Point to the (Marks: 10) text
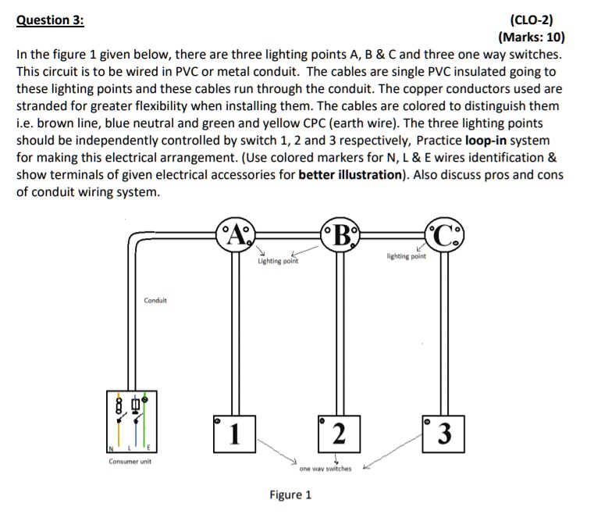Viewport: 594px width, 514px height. pos(530,37)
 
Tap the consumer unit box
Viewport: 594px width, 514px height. pos(131,422)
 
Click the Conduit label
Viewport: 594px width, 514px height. pos(155,300)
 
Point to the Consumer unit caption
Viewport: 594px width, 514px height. pos(130,462)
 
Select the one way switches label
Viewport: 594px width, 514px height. pos(325,469)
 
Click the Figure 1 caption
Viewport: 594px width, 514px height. pos(290,494)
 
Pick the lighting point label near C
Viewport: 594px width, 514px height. pos(407,255)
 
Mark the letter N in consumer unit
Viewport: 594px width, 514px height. pos(112,447)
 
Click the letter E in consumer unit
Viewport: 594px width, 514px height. pos(148,447)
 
